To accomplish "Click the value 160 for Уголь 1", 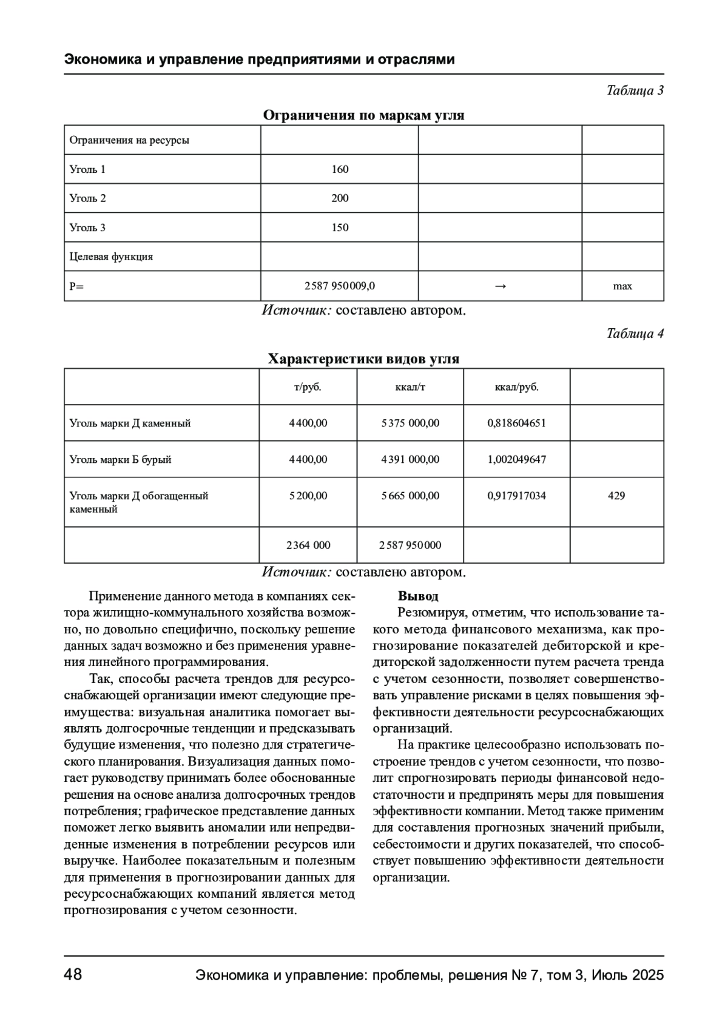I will tap(340, 169).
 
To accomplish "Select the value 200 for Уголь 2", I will tap(340, 198).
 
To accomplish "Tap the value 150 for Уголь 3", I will tap(340, 227).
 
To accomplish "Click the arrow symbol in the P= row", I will tap(500, 286).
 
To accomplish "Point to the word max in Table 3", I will tap(622, 286).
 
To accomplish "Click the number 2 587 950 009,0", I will tap(340, 286).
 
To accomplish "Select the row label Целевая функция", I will tap(111, 257).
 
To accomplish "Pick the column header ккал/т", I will tap(410, 387).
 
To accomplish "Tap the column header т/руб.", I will tap(308, 387).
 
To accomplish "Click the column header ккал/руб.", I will tap(517, 387).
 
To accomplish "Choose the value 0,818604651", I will tap(517, 423).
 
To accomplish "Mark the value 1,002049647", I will tap(517, 459).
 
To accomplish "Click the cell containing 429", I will tap(616, 496).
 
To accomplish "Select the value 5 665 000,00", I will tap(410, 496).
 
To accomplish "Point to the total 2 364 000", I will tap(308, 545).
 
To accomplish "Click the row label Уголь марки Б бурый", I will tap(120, 459).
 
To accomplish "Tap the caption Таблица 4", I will tap(635, 334).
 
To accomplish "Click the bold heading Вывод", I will tap(418, 596).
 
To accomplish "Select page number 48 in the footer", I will tap(73, 975).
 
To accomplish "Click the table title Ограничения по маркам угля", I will tap(363, 115).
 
